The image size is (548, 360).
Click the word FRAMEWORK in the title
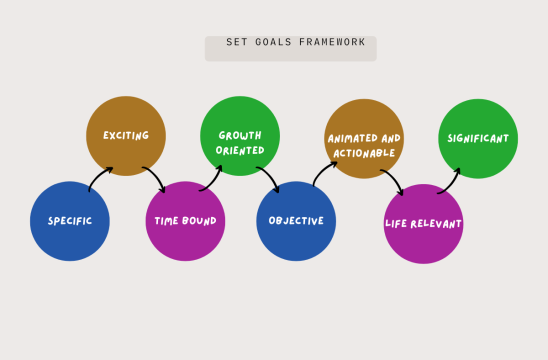(x=332, y=42)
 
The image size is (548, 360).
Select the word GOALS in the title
(x=273, y=42)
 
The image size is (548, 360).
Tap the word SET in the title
(x=236, y=42)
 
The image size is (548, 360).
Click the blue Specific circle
(x=70, y=221)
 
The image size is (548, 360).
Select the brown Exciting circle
(x=126, y=136)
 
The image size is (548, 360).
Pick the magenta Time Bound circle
(x=185, y=221)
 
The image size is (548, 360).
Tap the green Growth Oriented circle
(x=240, y=136)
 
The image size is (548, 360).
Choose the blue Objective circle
(x=296, y=221)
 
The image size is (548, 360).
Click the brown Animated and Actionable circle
(x=364, y=139)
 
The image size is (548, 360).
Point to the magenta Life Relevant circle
(x=423, y=224)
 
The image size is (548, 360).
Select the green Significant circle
(x=478, y=139)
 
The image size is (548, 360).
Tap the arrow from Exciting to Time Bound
(x=156, y=176)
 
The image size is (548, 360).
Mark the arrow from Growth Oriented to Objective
(x=270, y=176)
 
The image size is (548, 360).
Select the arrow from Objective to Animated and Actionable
(x=322, y=171)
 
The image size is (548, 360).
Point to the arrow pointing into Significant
(x=451, y=184)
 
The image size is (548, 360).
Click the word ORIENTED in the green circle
(x=240, y=150)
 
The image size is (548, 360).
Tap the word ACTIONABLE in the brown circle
(x=364, y=153)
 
